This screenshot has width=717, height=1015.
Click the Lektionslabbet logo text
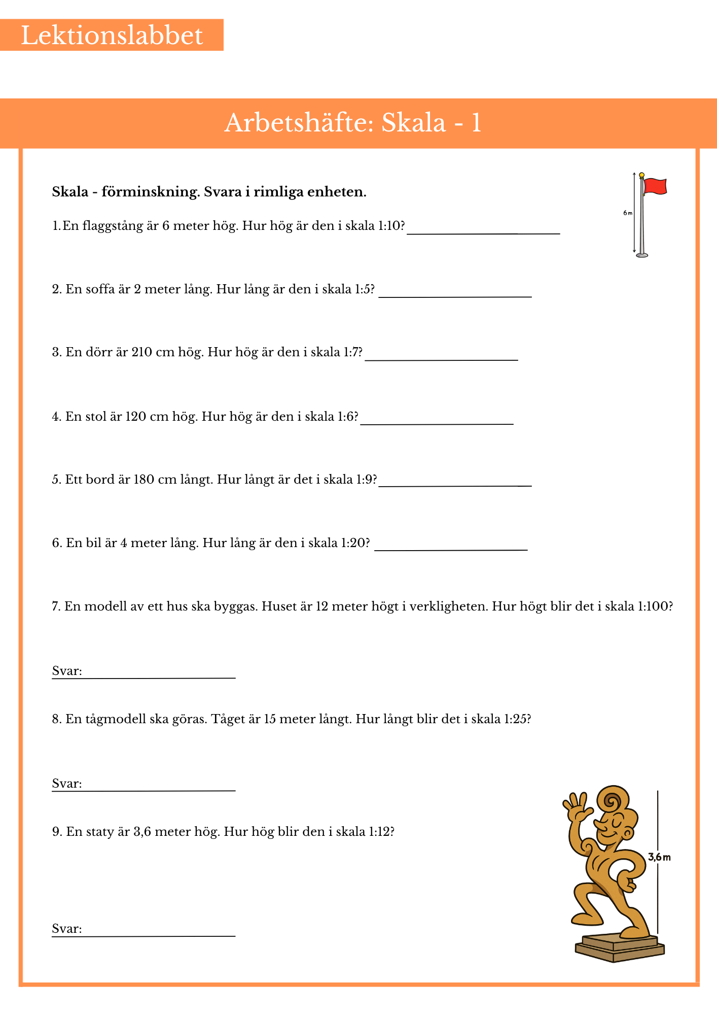tap(112, 36)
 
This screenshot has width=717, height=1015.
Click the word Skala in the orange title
tap(413, 123)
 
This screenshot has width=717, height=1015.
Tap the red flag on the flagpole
tap(655, 187)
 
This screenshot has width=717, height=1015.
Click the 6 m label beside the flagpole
tap(628, 213)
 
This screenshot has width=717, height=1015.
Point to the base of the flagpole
tap(642, 255)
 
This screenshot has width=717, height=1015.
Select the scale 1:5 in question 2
tap(364, 289)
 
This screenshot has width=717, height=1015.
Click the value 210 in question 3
tap(141, 352)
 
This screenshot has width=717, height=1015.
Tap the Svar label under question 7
tap(66, 671)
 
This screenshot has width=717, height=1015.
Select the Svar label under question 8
tap(66, 784)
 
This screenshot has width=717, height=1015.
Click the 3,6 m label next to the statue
tap(659, 857)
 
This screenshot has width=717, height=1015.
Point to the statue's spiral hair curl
tap(613, 801)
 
